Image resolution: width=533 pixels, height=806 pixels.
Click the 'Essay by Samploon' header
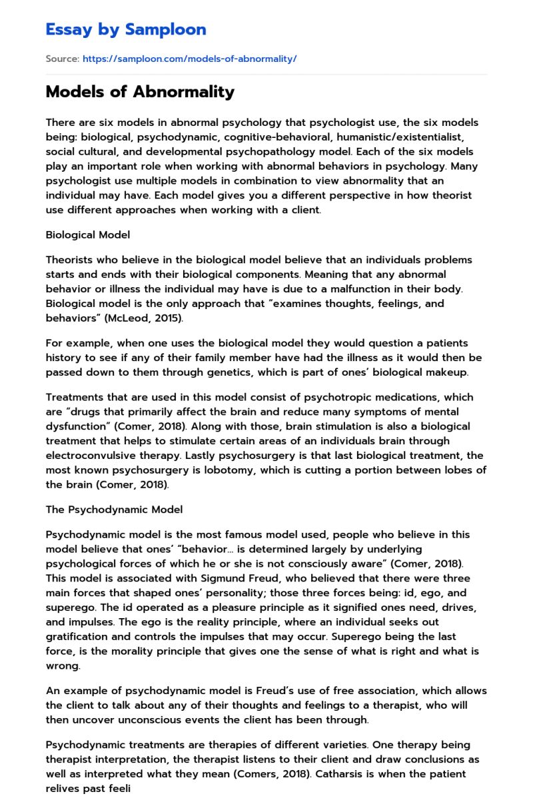(126, 29)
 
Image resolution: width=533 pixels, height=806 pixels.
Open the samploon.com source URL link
(189, 59)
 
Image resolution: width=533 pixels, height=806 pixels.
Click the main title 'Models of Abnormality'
(140, 92)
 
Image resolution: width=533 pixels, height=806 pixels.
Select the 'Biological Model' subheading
(88, 234)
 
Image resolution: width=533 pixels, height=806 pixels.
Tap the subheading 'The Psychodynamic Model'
(114, 510)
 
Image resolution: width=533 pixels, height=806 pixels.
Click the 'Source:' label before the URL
(62, 59)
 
